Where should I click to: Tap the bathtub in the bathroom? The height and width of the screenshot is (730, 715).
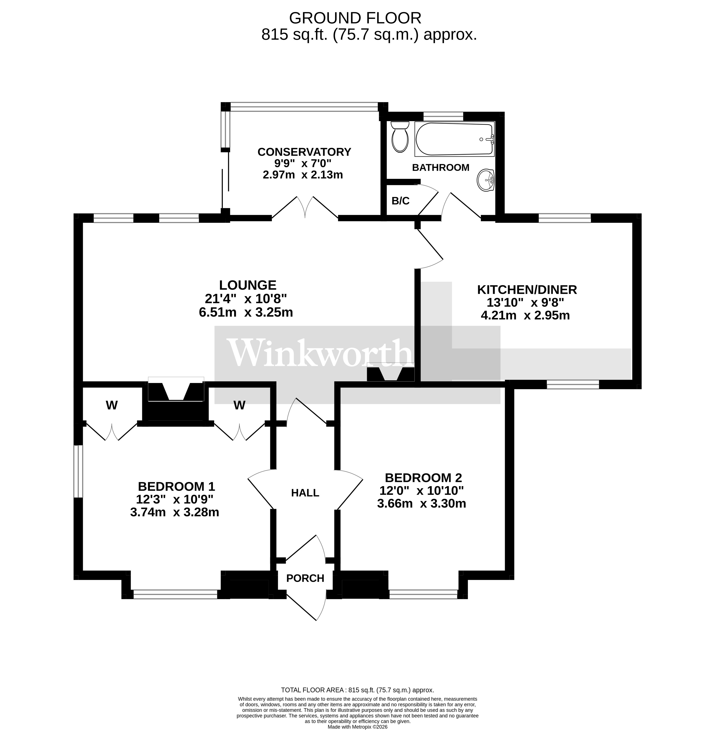click(x=454, y=139)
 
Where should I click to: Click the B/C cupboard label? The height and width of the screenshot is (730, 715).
click(x=400, y=201)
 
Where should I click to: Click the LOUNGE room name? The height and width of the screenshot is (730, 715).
click(x=247, y=285)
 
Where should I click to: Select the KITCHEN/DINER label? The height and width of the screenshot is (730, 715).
click(x=527, y=290)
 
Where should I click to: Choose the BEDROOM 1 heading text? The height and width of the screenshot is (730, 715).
click(x=176, y=487)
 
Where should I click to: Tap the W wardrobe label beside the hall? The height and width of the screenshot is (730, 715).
click(x=239, y=405)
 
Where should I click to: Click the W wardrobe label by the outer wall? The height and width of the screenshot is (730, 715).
click(x=111, y=405)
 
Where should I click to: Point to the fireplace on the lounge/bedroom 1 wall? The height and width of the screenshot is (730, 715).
click(x=176, y=391)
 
